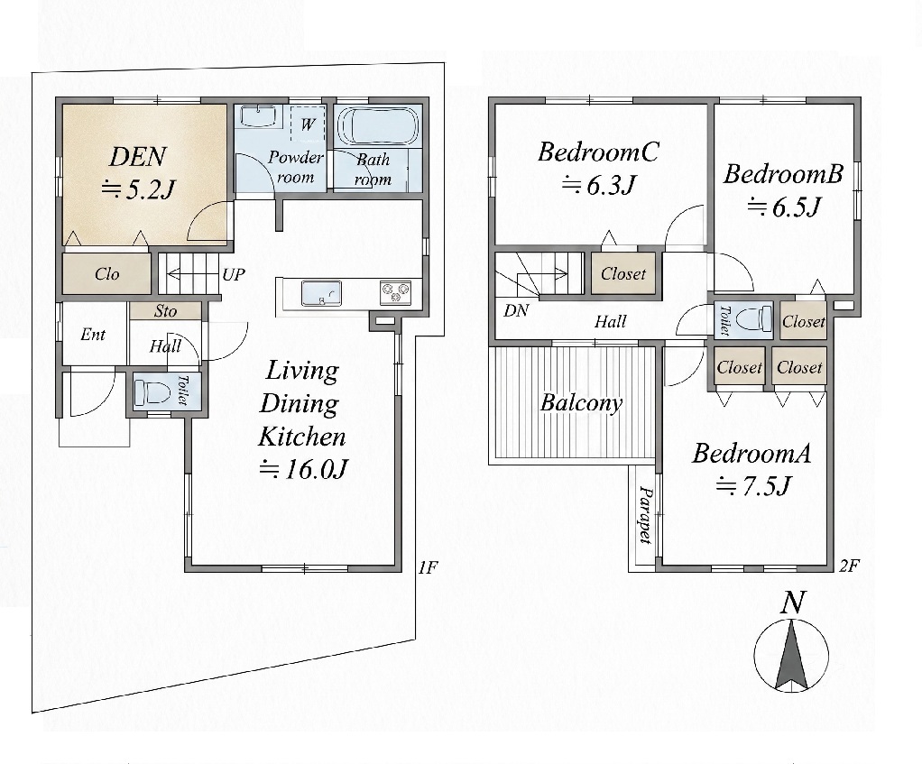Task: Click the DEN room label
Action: pos(138,157)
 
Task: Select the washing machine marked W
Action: pos(308,123)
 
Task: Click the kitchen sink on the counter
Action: pos(321,292)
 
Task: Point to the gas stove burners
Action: pos(395,292)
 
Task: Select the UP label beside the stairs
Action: pos(234,274)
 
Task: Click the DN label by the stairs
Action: pos(516,310)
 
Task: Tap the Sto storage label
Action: pos(165,311)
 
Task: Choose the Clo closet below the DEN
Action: pos(106,273)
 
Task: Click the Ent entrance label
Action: pos(93,335)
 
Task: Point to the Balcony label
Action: pos(581,402)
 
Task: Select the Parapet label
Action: pos(646,515)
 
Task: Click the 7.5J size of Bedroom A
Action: pos(754,486)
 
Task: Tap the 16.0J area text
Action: pos(304,469)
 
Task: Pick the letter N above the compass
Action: pos(793,603)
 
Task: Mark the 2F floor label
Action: pos(849,566)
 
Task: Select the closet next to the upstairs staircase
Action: pos(622,273)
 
